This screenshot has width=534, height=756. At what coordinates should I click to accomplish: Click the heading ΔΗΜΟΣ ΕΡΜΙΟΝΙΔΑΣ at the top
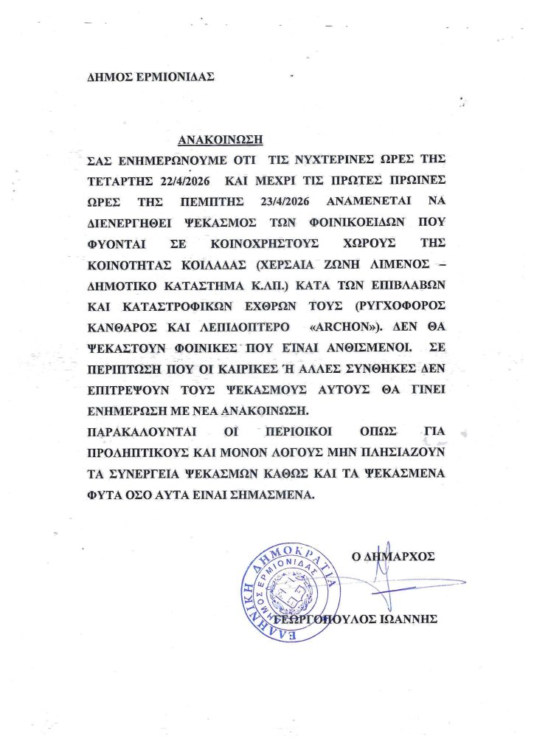tap(143, 75)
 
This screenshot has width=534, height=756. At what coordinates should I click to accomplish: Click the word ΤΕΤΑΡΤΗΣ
tap(116, 182)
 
